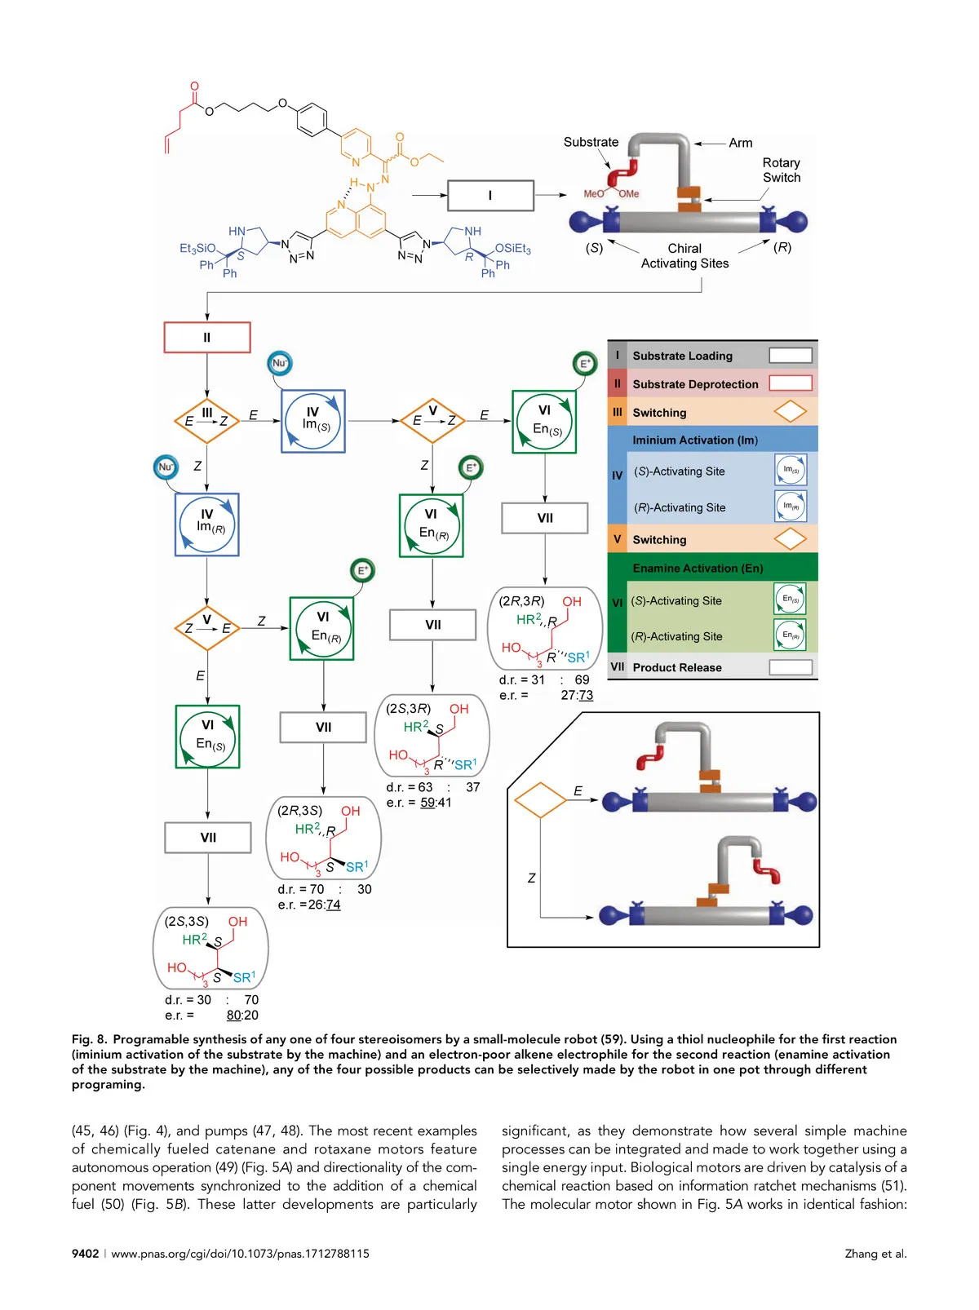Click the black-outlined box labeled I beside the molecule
tap(490, 196)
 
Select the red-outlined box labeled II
tap(207, 337)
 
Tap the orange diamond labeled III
tap(206, 420)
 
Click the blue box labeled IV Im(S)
tap(313, 421)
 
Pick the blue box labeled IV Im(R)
tap(207, 524)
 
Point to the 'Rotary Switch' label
tap(781, 170)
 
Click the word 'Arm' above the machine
tap(741, 143)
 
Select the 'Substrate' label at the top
tap(591, 142)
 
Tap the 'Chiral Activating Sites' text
tap(684, 255)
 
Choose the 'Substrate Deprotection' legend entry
tap(695, 384)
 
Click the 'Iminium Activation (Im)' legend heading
tap(695, 440)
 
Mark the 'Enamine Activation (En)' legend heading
tap(698, 568)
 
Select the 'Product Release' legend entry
tap(677, 667)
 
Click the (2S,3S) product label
tap(186, 921)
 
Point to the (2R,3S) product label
tap(299, 811)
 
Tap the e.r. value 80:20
tap(242, 1016)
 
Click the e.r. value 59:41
tap(436, 803)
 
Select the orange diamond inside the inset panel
tap(540, 800)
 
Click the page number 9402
tap(85, 1254)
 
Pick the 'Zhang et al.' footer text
tap(875, 1254)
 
